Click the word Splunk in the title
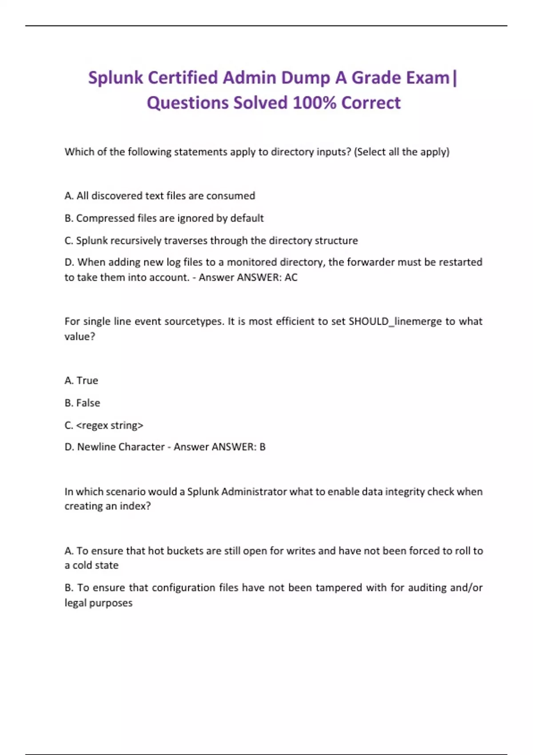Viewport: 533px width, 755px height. pos(115,78)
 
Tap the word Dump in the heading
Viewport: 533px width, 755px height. pos(306,78)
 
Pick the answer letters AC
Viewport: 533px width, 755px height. pos(291,278)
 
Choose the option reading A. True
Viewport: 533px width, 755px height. pos(81,381)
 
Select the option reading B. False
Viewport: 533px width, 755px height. pos(82,403)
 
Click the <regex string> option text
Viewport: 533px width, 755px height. pos(110,425)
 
